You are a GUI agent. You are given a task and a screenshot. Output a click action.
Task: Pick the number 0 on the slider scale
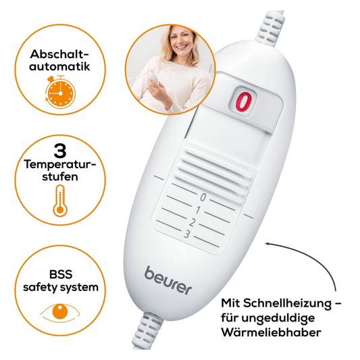tap(203, 197)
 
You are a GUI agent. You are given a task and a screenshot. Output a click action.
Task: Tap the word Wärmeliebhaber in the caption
tap(304, 333)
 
